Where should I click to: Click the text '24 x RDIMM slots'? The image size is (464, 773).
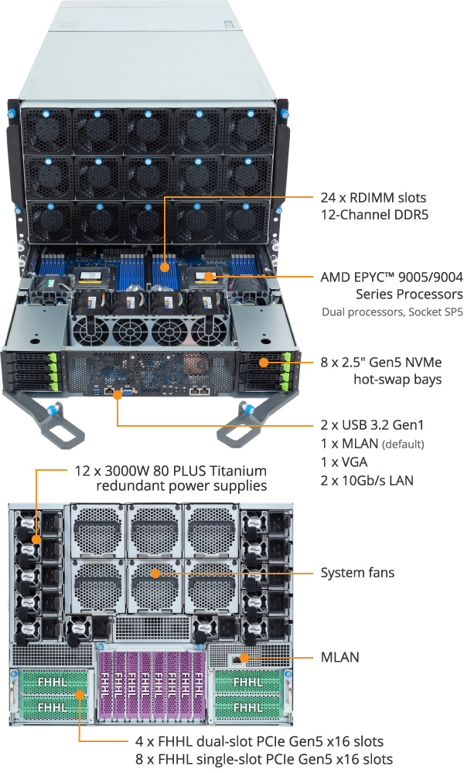click(x=374, y=197)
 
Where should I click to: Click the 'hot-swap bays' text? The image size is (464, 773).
click(x=397, y=379)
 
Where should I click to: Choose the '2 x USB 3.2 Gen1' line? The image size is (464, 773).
click(x=372, y=425)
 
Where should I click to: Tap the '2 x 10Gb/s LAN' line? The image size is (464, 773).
click(x=367, y=481)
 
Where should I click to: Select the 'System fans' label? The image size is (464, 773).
click(x=357, y=573)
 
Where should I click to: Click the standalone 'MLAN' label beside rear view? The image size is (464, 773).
click(x=339, y=658)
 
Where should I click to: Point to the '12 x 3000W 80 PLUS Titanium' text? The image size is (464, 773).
click(x=170, y=471)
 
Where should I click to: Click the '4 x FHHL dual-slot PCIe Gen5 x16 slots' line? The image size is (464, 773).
click(x=237, y=741)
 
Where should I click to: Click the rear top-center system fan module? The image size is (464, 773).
click(x=155, y=529)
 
